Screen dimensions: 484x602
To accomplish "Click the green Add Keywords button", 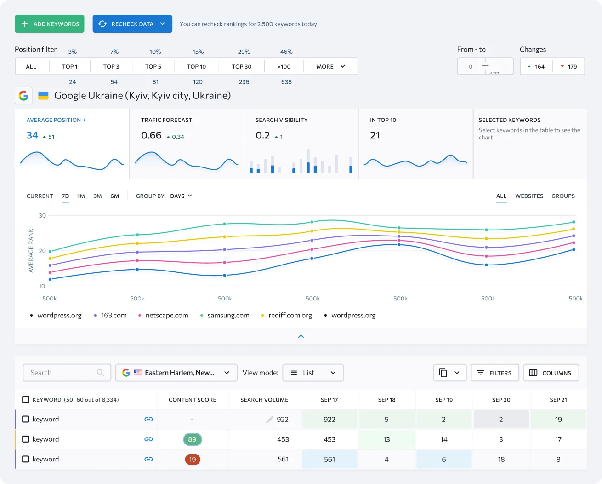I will coord(50,24).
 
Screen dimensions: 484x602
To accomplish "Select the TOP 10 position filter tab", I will coord(196,66).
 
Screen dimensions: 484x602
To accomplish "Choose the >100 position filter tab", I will coord(284,66).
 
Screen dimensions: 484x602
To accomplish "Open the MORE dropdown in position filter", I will coord(330,66).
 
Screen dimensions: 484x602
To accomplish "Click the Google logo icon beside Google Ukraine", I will coord(23,96).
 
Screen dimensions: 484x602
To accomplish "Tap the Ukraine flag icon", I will coord(43,96).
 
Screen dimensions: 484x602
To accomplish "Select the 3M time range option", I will coord(97,196).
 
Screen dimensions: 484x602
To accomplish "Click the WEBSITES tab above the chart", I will coord(529,196).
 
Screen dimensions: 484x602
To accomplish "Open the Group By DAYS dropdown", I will coord(181,196).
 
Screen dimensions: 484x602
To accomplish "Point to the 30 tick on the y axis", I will coord(42,215).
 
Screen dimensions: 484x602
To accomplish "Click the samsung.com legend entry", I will coord(228,315).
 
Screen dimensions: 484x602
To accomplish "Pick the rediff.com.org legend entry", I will coord(290,315).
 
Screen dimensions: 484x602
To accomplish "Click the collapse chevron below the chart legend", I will coord(301,336).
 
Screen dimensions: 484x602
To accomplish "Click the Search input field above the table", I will coord(62,373).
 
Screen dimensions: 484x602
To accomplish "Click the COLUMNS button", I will coord(551,373).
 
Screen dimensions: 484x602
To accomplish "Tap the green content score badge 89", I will coord(192,439).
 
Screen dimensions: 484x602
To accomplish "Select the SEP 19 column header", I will coord(444,400).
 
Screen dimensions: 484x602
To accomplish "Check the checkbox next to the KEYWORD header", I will coord(26,400).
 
